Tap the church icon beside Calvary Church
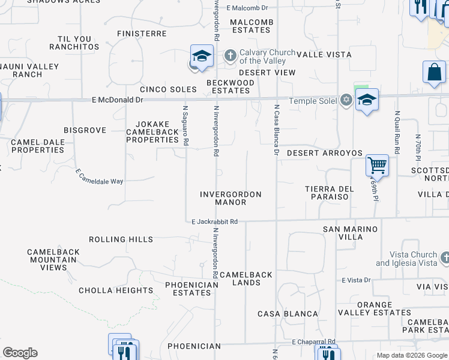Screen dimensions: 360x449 pos(230,56)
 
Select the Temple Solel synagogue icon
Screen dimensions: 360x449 pos(346,100)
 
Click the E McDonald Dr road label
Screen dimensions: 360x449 pos(117,100)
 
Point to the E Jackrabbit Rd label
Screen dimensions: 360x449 pos(215,222)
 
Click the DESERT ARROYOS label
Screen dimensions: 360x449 pos(324,153)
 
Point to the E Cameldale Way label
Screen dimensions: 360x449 pos(99,176)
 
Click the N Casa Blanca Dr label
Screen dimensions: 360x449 pos(277,130)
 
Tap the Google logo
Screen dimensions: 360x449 pos(20,353)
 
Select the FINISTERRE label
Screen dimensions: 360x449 pos(142,34)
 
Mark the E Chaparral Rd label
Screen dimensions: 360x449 pos(314,342)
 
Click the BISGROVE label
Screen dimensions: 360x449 pos(85,130)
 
